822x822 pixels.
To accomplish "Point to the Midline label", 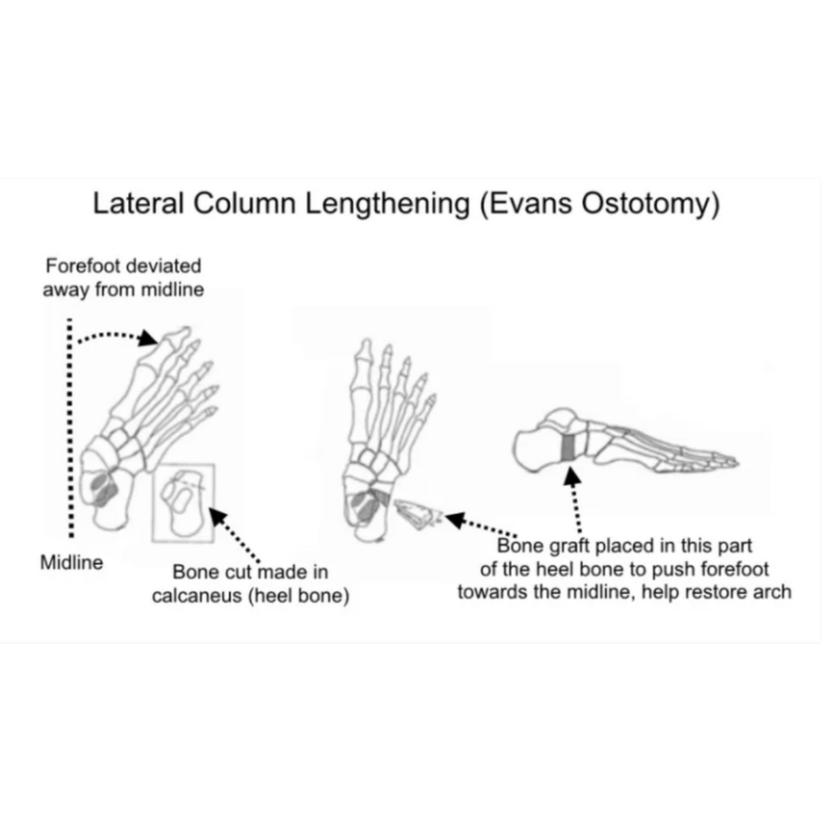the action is pos(72,563).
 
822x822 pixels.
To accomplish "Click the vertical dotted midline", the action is pos(69,428).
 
